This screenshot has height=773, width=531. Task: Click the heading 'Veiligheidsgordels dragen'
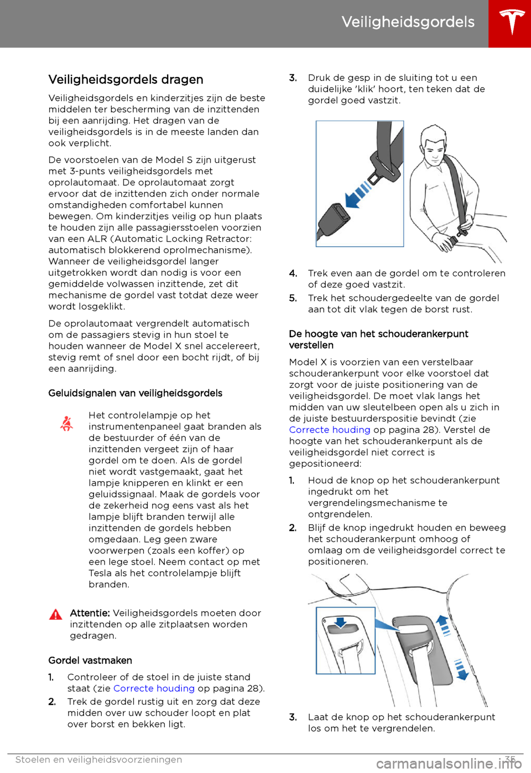[126, 80]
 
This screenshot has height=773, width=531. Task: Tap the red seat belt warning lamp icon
[67, 424]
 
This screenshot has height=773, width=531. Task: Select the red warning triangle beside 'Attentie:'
[56, 614]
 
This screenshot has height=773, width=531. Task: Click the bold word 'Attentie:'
[90, 613]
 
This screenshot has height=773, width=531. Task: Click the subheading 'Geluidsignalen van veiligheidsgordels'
[135, 393]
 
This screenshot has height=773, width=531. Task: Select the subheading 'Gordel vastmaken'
[90, 661]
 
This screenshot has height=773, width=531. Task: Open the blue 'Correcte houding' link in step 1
[154, 688]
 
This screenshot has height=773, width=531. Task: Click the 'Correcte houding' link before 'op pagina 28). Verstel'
[330, 430]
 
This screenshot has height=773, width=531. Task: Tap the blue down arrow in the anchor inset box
[341, 622]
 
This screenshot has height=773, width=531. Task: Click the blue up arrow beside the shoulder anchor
[444, 624]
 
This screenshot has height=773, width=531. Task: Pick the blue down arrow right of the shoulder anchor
[461, 669]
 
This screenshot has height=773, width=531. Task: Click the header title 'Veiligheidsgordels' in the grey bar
[408, 22]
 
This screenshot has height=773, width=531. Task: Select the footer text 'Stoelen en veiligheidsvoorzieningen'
[98, 760]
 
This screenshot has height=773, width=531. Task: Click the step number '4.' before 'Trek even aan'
[293, 274]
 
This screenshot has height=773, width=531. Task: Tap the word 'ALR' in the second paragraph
[97, 239]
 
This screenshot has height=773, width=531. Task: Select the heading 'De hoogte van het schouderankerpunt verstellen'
[378, 339]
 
